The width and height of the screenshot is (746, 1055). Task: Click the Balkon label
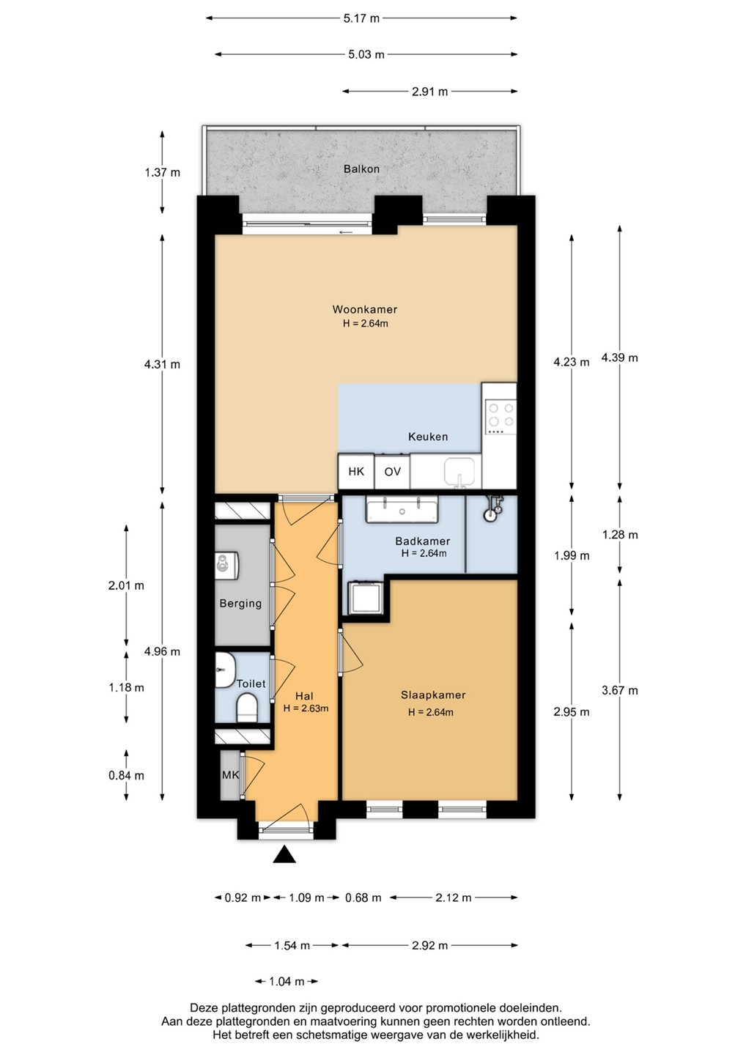361,169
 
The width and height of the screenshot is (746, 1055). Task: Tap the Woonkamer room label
364,309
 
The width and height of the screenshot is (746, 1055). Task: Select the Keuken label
428,437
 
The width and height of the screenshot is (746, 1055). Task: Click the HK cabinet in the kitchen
356,471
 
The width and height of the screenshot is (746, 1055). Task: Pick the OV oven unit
392,471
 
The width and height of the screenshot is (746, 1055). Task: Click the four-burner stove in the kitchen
501,418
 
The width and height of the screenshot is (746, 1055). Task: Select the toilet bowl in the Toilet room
247,708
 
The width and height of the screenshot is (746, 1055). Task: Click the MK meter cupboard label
230,775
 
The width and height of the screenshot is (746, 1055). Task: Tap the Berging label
240,604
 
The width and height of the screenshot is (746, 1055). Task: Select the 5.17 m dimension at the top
361,18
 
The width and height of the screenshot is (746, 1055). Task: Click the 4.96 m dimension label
162,651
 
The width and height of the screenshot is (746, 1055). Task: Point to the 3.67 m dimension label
620,690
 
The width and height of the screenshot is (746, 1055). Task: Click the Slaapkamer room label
433,695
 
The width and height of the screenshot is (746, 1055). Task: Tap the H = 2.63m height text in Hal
306,708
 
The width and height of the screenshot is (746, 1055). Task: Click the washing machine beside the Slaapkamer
366,598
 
